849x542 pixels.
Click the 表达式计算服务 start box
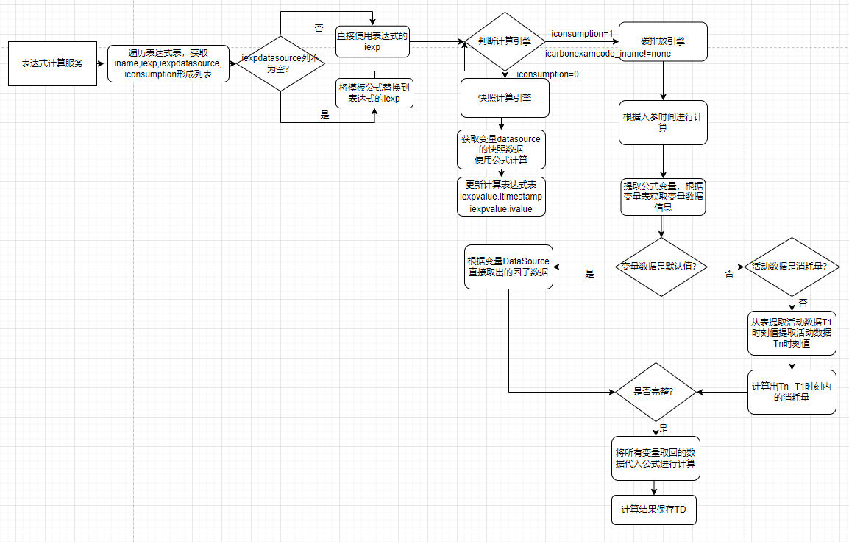(x=52, y=63)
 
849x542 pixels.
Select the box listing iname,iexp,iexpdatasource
(x=168, y=63)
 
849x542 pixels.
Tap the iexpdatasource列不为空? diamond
(x=280, y=63)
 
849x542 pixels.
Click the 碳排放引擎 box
(x=663, y=41)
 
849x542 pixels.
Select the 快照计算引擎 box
(x=505, y=98)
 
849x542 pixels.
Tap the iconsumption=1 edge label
(x=582, y=34)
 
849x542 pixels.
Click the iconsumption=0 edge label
(x=547, y=74)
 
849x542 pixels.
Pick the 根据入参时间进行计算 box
(x=663, y=122)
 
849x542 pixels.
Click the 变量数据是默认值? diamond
(x=660, y=267)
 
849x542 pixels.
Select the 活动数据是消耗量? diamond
(x=792, y=267)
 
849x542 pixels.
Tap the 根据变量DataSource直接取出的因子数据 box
(x=508, y=267)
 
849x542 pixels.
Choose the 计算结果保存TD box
(x=654, y=510)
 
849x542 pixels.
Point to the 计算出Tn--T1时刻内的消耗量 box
(x=792, y=392)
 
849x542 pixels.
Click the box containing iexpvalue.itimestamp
(x=501, y=197)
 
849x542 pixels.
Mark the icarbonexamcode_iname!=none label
(x=608, y=54)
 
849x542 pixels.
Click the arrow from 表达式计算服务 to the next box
(x=102, y=63)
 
